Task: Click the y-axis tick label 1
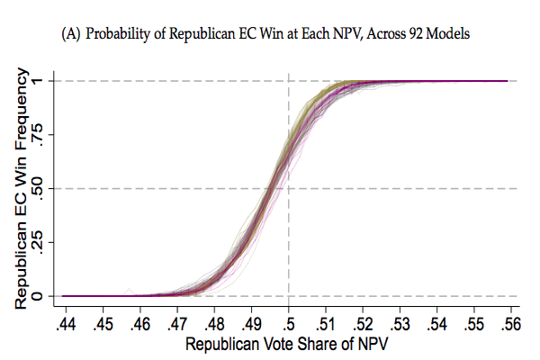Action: click(x=52, y=81)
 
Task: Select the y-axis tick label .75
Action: click(x=52, y=135)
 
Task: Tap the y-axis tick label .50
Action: click(x=52, y=189)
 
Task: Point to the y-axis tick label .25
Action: click(x=52, y=242)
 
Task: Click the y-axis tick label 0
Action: click(x=52, y=296)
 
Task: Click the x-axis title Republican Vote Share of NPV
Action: click(x=287, y=343)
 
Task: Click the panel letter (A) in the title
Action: click(x=73, y=34)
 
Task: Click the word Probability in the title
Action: click(x=120, y=34)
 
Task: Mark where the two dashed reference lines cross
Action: click(x=288, y=188)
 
